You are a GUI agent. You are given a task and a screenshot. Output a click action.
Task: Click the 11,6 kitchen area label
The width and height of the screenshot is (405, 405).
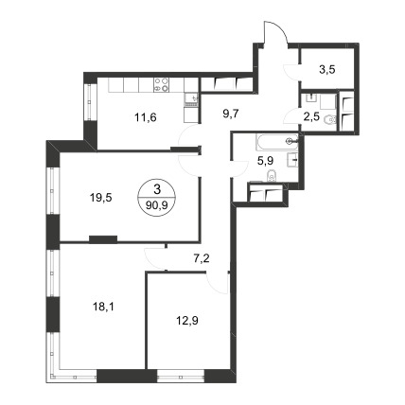[x=146, y=118]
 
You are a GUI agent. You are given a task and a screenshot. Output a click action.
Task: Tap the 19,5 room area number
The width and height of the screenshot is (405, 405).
[x=101, y=198]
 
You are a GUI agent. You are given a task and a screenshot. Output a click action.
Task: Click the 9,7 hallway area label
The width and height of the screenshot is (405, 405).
[x=231, y=114]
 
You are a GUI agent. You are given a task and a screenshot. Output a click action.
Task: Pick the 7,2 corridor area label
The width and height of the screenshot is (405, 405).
[x=202, y=259]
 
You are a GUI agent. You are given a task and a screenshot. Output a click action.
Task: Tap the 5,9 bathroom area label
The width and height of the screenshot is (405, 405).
[x=265, y=162]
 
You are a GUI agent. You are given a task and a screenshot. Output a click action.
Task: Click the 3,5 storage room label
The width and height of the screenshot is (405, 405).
[x=327, y=70]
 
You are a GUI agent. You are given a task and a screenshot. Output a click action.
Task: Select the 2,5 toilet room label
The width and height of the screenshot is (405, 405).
[x=312, y=116]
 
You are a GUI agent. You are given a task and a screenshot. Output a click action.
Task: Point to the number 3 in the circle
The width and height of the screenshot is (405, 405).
[x=157, y=190]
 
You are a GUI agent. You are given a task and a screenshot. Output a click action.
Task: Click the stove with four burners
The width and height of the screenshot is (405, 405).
[x=161, y=85]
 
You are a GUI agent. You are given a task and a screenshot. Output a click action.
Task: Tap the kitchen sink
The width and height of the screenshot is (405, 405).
[x=191, y=99]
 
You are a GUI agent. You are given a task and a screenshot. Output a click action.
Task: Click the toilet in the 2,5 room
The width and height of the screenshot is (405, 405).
[x=330, y=120]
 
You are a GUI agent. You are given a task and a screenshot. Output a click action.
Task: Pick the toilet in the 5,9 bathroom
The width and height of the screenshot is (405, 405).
[x=272, y=176]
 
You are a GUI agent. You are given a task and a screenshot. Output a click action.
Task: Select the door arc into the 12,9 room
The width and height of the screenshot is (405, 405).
[x=217, y=284]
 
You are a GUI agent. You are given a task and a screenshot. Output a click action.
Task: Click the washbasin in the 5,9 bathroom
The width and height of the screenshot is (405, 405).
[x=293, y=160]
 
